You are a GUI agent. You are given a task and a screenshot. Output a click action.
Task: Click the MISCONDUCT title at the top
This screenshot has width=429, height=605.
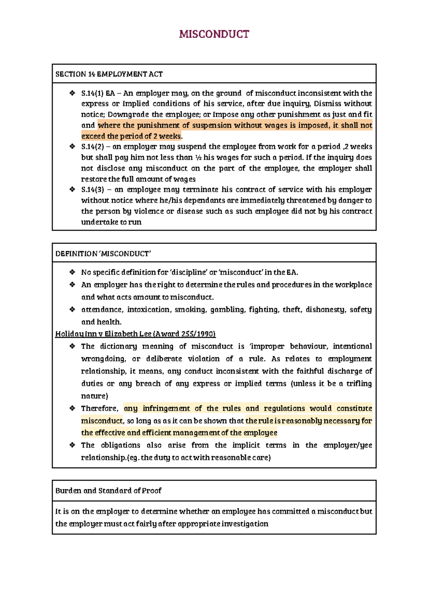(214, 34)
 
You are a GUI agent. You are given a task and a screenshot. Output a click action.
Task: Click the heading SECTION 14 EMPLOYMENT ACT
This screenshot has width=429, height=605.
(109, 74)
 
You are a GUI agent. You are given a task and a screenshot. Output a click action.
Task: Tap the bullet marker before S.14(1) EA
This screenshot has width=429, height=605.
(72, 93)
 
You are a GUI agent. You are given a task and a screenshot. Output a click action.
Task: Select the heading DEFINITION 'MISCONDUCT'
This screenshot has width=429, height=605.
(103, 254)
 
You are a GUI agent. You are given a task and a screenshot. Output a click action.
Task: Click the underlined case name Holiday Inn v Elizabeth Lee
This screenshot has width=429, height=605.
(135, 334)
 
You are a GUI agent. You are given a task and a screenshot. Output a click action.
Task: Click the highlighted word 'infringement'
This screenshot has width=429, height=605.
(166, 408)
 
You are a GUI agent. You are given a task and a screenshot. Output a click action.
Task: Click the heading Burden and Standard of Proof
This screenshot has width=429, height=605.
(108, 491)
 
